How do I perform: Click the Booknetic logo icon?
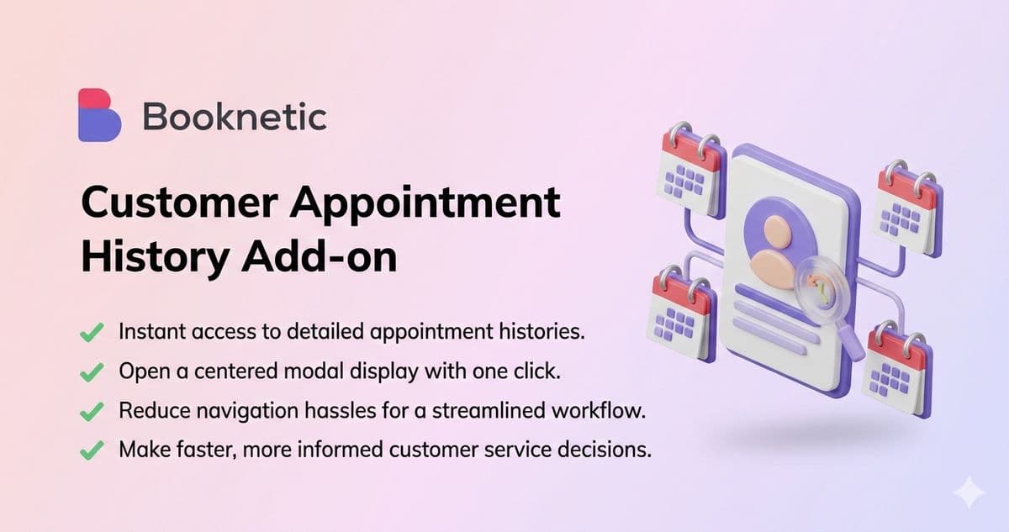pyautogui.click(x=99, y=114)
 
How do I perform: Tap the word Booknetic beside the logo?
pyautogui.click(x=234, y=116)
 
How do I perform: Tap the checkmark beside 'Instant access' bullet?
pyautogui.click(x=92, y=332)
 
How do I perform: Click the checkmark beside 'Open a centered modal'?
pyautogui.click(x=92, y=371)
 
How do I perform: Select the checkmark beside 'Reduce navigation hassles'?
pyautogui.click(x=92, y=411)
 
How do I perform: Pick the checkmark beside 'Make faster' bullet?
pyautogui.click(x=92, y=450)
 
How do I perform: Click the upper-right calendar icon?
pyautogui.click(x=908, y=208)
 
